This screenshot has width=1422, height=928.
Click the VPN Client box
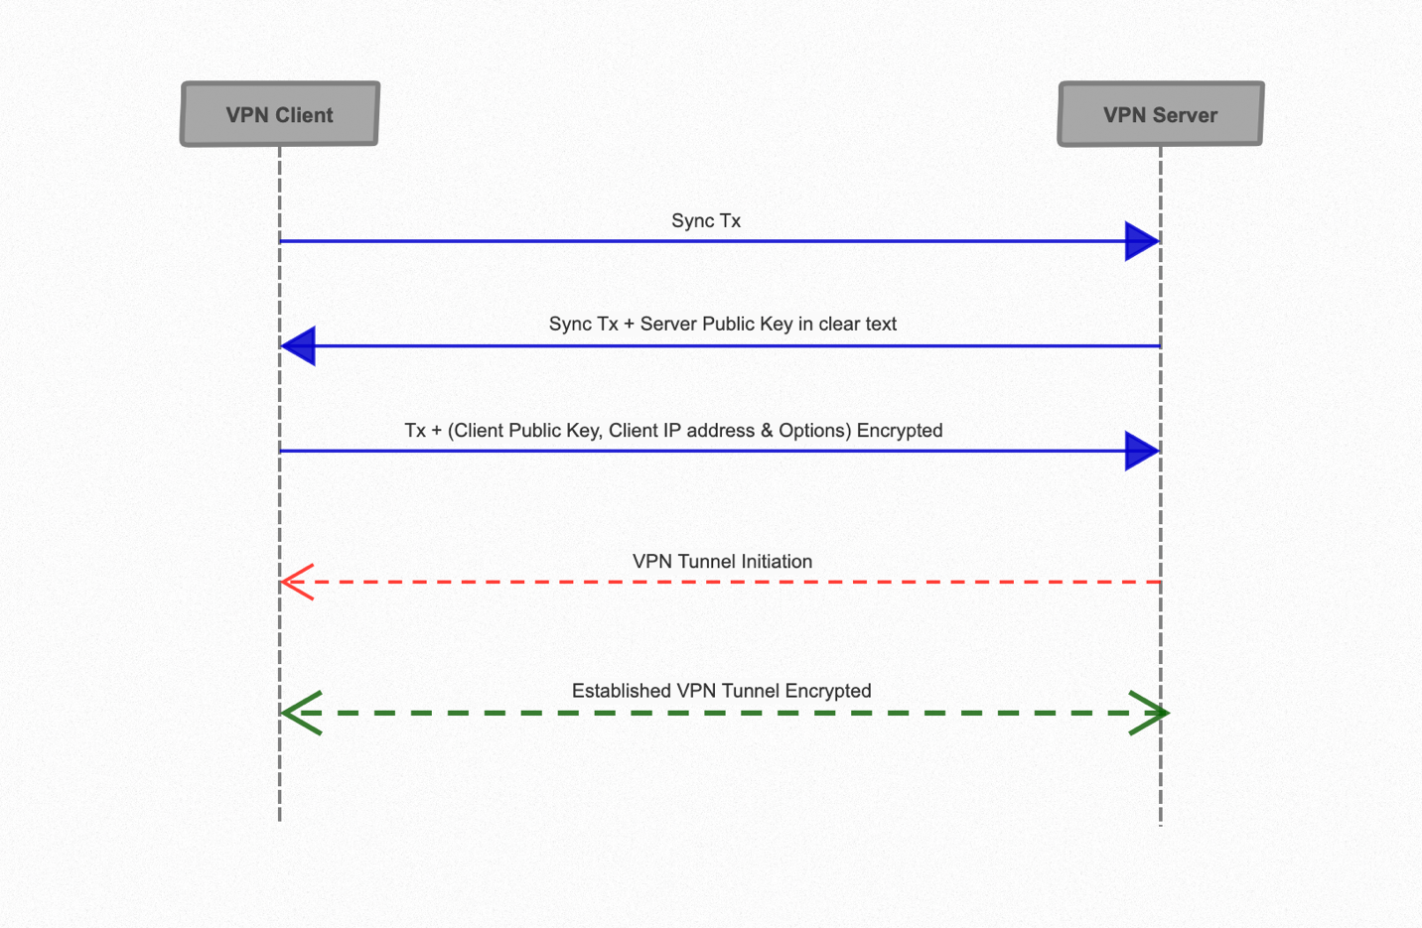(x=280, y=114)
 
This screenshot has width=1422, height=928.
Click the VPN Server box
(x=1160, y=114)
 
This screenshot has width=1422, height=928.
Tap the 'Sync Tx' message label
(x=706, y=220)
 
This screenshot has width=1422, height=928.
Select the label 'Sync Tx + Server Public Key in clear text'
(x=723, y=324)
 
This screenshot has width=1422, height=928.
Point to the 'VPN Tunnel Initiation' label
(x=722, y=561)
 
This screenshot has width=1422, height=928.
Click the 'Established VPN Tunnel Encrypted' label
(x=721, y=691)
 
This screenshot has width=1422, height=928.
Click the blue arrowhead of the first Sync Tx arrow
(x=1141, y=241)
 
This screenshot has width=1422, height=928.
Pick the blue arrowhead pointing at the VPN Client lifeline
(x=299, y=345)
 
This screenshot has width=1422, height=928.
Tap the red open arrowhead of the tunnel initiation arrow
(x=297, y=582)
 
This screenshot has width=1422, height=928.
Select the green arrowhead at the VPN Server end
(x=1149, y=713)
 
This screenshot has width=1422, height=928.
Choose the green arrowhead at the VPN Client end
(x=301, y=713)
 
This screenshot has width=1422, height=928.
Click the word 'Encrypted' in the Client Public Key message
(x=900, y=430)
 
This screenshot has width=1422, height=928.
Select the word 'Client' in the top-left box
(x=304, y=114)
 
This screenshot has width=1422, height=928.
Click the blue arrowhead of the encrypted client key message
(x=1141, y=451)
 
